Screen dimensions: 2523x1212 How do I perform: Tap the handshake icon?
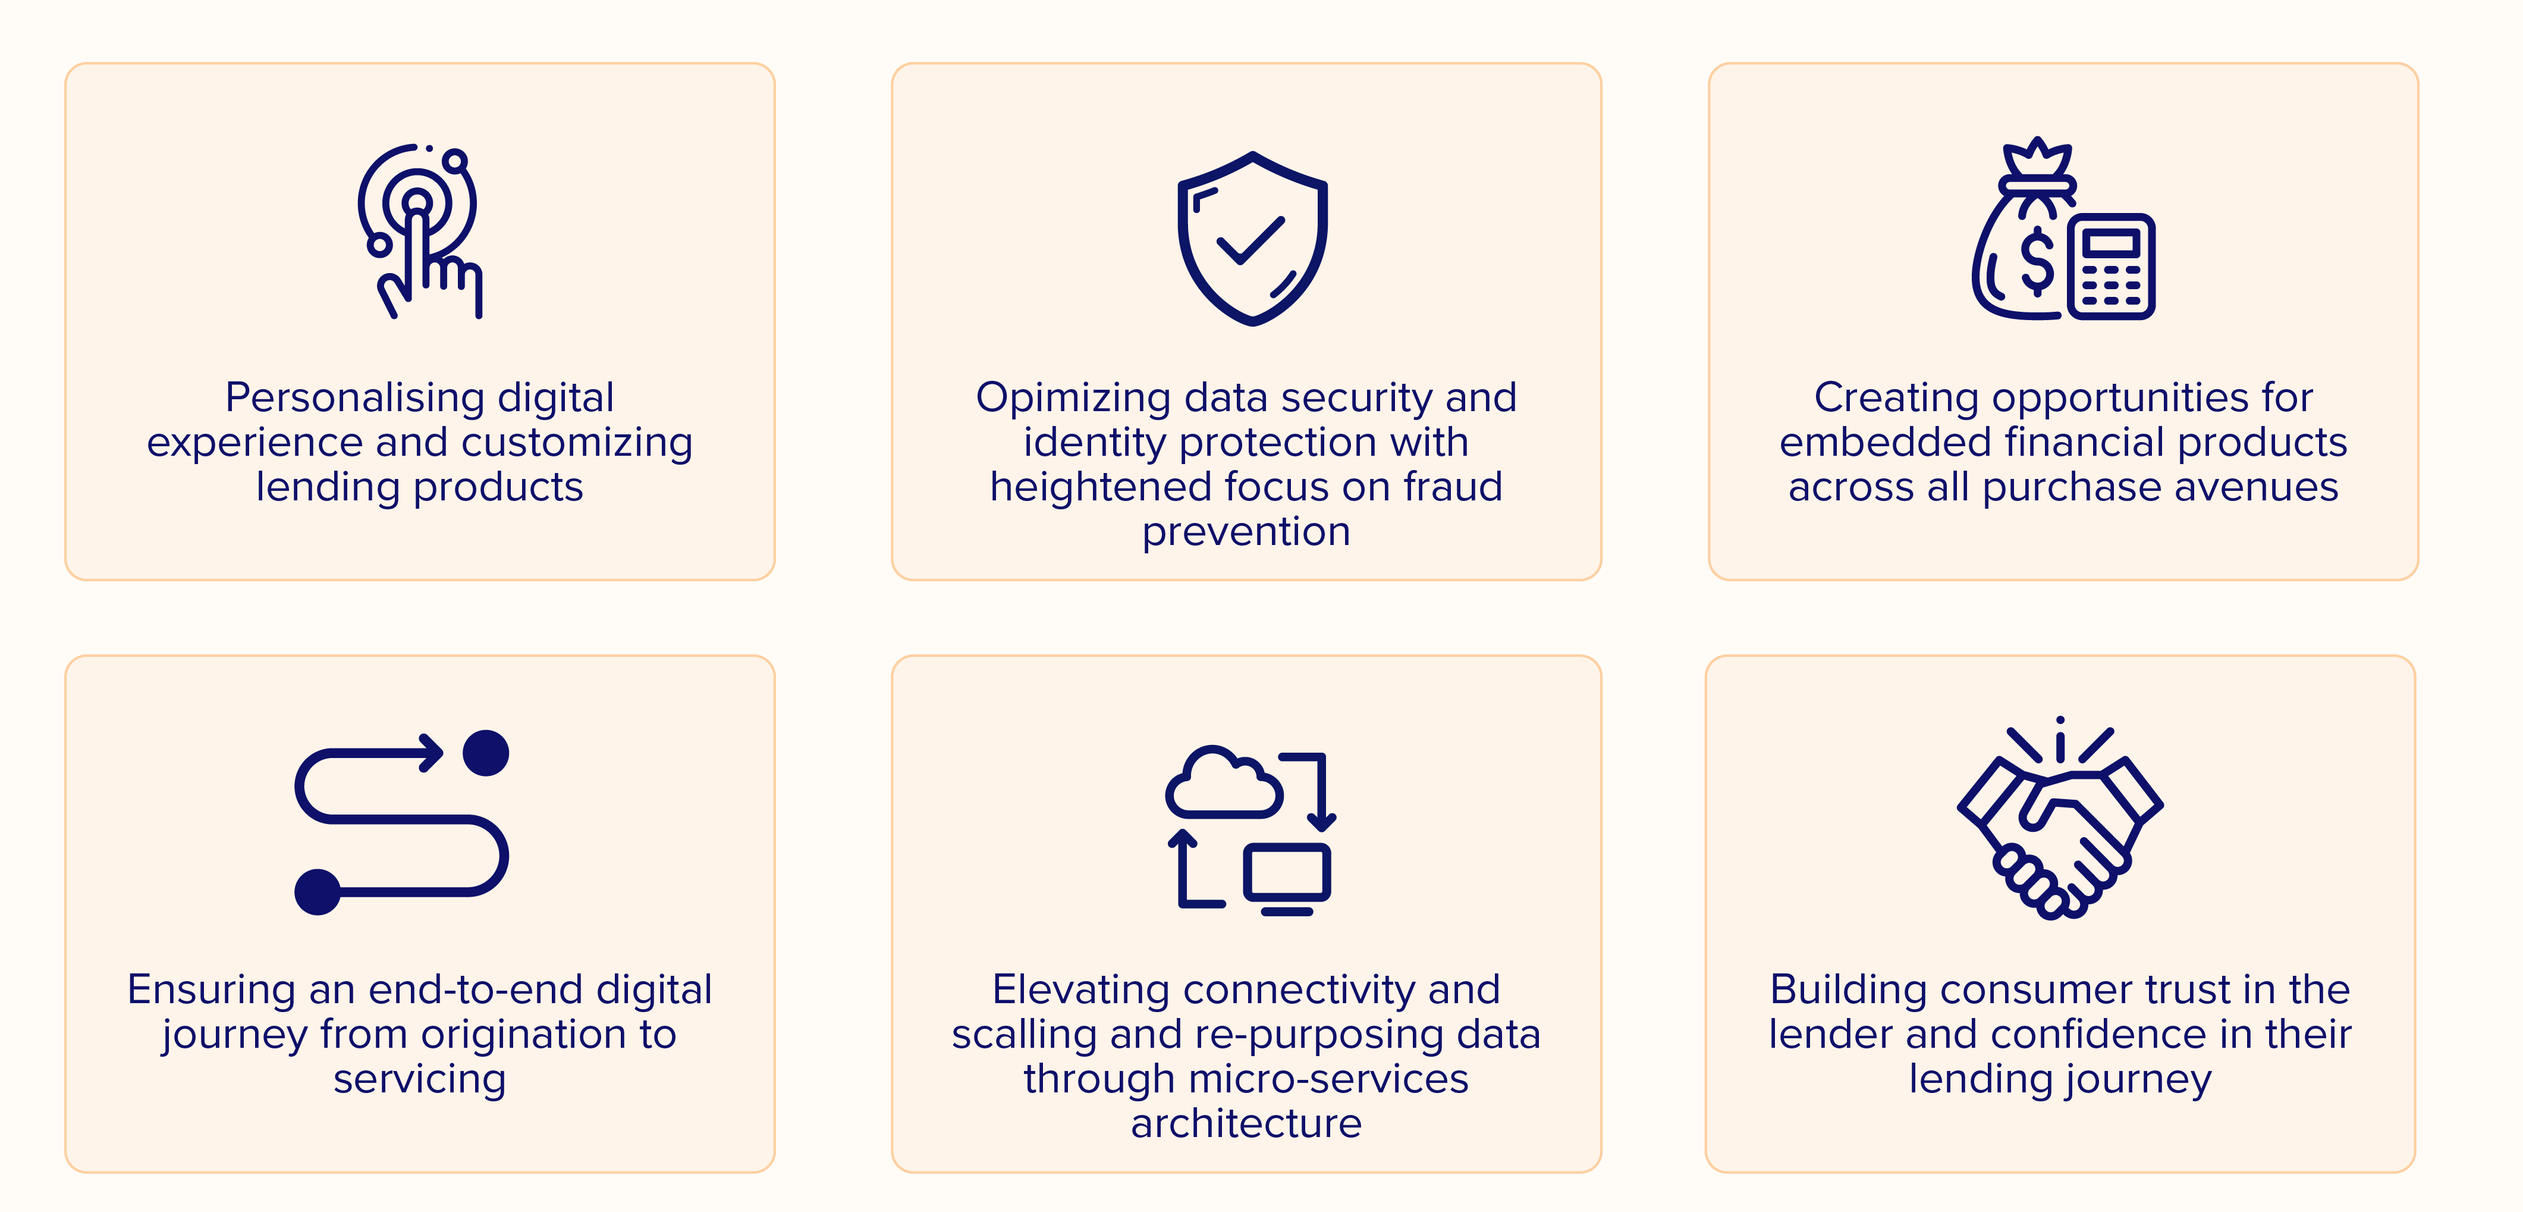2060,818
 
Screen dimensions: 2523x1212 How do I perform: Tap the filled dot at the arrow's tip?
486,753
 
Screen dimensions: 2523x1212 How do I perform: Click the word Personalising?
354,398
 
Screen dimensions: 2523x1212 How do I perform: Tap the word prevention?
1246,532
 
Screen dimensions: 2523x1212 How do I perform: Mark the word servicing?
419,1080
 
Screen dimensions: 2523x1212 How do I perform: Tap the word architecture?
1246,1124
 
